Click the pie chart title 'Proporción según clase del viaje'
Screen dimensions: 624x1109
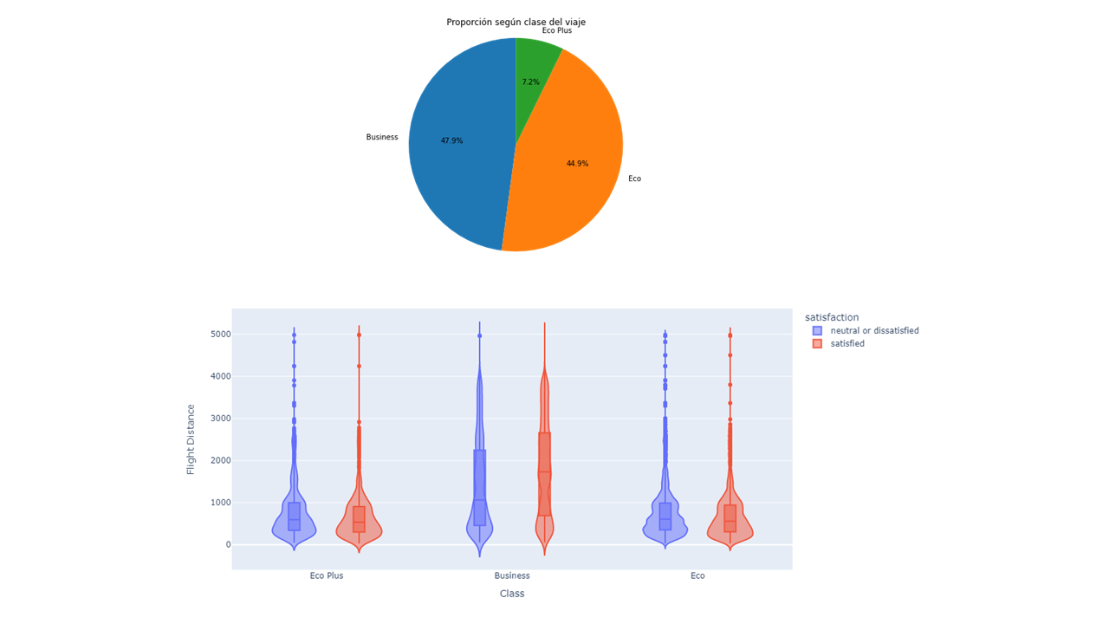[516, 22]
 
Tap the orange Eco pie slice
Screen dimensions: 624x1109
[572, 182]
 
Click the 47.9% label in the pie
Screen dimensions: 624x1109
[451, 140]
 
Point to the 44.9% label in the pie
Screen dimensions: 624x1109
[577, 164]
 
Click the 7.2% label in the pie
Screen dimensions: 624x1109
[530, 82]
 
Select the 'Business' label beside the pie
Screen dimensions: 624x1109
[382, 137]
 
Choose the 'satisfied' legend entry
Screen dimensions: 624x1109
[847, 344]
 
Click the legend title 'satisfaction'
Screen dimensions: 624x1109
[832, 317]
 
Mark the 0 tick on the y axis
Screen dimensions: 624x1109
[227, 545]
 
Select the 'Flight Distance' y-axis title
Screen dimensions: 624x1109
[191, 439]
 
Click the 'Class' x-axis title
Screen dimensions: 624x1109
[512, 594]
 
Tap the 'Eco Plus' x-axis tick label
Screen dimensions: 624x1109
[327, 575]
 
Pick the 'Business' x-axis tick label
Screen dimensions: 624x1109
[512, 575]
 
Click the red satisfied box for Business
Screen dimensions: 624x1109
[544, 485]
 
